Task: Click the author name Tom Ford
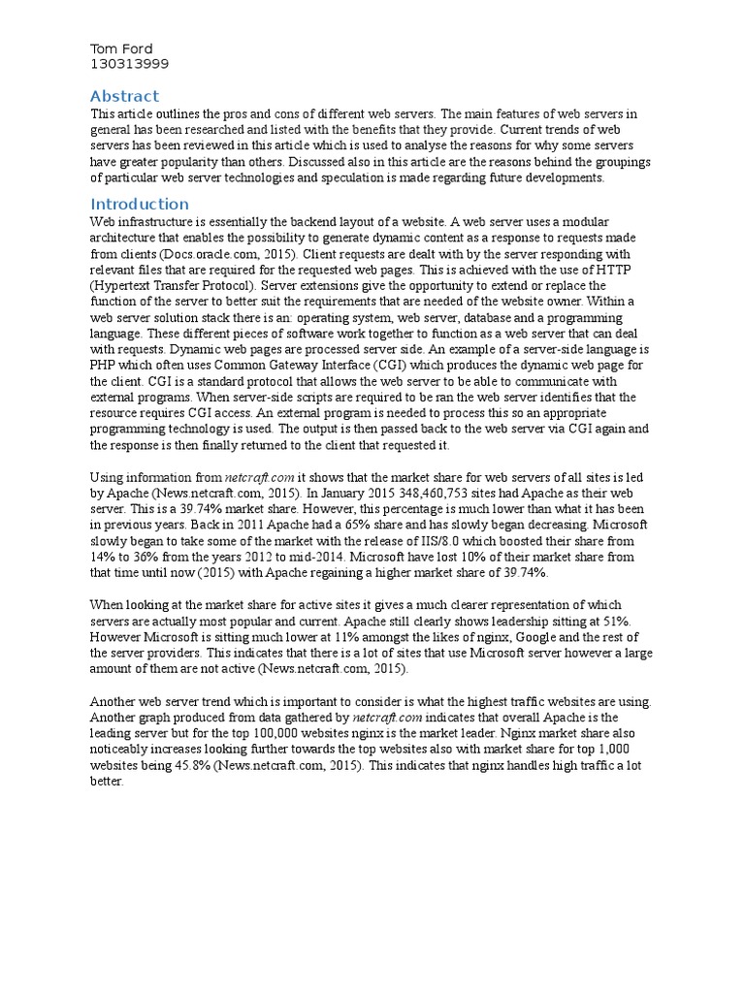click(x=121, y=49)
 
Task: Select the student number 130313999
click(x=129, y=65)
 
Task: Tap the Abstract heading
click(x=124, y=96)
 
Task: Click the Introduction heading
click(x=140, y=204)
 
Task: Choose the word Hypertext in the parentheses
click(x=129, y=285)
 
